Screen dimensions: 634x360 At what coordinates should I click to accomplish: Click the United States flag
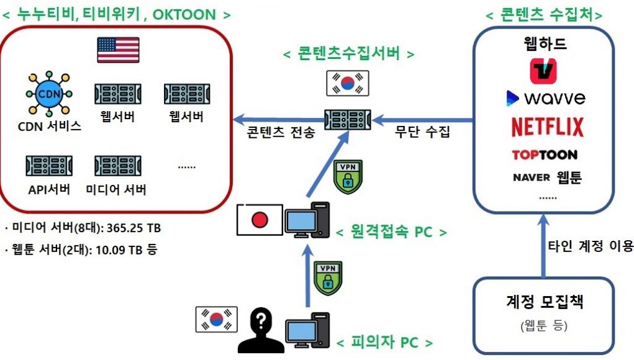[x=118, y=50]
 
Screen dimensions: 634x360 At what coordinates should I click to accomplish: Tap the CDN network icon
[x=49, y=94]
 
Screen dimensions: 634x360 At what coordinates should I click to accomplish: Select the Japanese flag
[x=260, y=220]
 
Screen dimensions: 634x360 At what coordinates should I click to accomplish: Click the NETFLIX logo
[x=548, y=127]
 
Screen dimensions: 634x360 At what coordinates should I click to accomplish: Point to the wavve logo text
[x=555, y=98]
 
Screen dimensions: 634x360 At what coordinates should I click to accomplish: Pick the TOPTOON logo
[x=544, y=155]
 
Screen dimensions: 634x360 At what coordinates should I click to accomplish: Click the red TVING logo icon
[x=543, y=71]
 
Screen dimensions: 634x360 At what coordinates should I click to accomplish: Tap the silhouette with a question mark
[x=261, y=330]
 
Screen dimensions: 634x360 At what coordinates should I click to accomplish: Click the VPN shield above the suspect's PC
[x=328, y=278]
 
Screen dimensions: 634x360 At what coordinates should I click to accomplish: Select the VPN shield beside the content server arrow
[x=348, y=176]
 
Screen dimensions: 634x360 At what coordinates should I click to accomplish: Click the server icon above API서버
[x=49, y=166]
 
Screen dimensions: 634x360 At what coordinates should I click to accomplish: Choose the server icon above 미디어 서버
[x=117, y=166]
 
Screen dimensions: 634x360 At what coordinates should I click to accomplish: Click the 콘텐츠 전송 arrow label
[x=281, y=132]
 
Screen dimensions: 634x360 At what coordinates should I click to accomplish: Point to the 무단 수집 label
[x=422, y=132]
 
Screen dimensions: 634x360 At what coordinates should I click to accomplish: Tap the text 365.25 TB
[x=134, y=228]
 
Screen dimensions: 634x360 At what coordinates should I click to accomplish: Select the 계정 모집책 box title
[x=544, y=302]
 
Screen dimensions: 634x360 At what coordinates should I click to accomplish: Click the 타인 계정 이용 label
[x=591, y=246]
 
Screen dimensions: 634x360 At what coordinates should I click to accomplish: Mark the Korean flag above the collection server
[x=347, y=83]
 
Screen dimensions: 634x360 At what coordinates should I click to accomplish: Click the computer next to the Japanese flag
[x=307, y=220]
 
